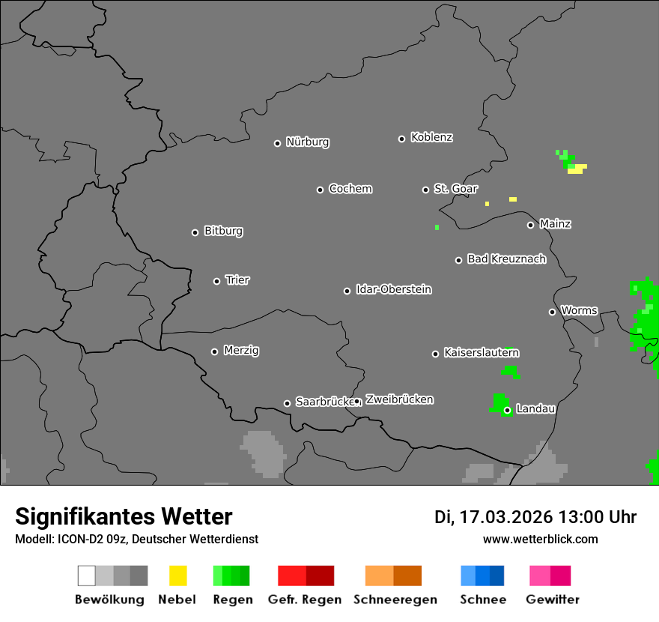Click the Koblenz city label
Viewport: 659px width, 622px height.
tap(431, 137)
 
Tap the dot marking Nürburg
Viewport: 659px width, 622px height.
tap(277, 143)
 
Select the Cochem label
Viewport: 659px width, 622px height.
tap(350, 189)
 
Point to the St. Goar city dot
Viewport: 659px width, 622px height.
tap(425, 190)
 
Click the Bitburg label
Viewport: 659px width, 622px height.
tap(223, 231)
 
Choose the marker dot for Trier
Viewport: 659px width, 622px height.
tap(216, 281)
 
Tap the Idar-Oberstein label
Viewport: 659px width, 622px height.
tap(394, 289)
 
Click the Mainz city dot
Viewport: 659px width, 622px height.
tap(530, 225)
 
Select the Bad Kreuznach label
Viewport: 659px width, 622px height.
tap(506, 259)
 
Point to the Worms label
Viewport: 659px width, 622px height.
tap(579, 310)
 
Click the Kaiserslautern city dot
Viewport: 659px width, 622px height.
tap(435, 354)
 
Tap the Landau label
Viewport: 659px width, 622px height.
tap(535, 409)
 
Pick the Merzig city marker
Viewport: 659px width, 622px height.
tap(214, 351)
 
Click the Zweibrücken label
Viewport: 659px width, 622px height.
tap(399, 399)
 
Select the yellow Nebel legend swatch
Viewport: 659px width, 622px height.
tap(177, 576)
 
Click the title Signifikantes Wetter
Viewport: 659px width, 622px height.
tap(124, 516)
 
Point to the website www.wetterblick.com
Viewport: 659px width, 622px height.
tap(541, 539)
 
